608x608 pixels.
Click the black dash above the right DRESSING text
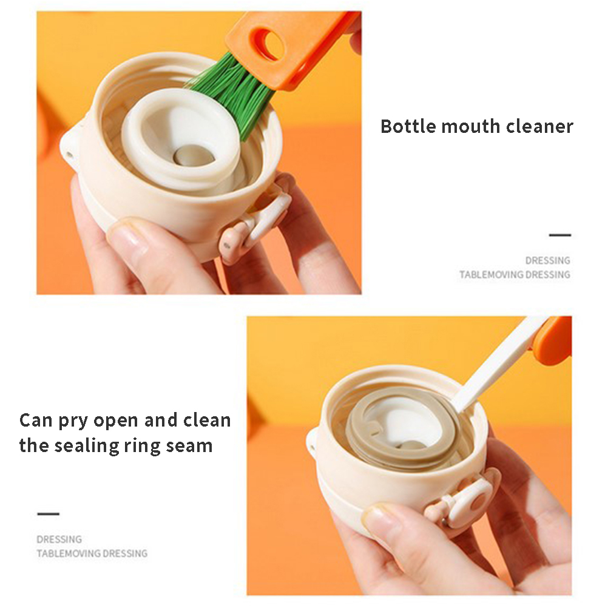(x=560, y=235)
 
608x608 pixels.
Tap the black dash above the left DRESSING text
(x=48, y=514)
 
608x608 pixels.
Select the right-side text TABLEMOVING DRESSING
(x=515, y=275)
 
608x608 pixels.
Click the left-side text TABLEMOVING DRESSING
(x=92, y=553)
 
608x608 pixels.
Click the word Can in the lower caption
(x=35, y=421)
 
